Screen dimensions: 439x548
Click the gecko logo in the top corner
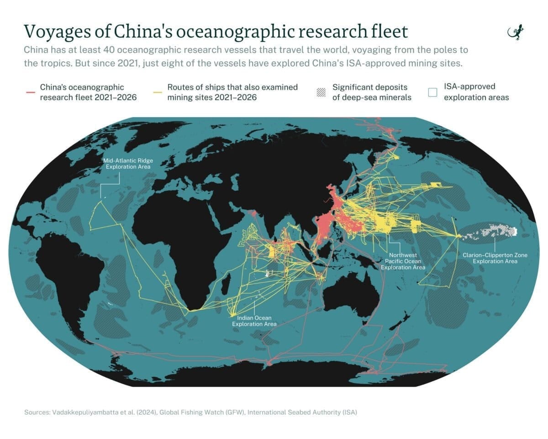click(516, 33)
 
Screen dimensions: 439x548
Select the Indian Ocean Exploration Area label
click(254, 321)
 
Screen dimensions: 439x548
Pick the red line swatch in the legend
click(31, 92)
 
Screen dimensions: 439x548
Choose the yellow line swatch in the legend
click(158, 92)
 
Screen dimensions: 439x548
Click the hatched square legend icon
click(321, 92)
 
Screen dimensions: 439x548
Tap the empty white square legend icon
click(432, 92)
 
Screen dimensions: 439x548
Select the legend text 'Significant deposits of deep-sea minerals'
click(370, 92)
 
